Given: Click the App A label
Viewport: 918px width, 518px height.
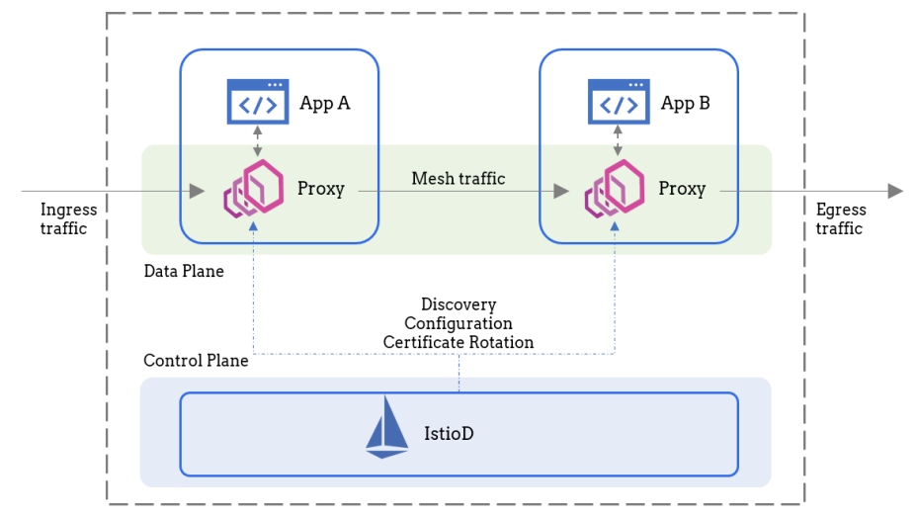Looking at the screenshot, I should [325, 103].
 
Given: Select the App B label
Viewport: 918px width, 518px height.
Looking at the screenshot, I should [685, 103].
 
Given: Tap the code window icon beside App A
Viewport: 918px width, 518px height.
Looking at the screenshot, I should [258, 102].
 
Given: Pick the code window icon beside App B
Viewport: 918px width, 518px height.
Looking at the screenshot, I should [619, 102].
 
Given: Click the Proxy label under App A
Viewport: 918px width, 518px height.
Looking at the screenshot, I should [321, 189].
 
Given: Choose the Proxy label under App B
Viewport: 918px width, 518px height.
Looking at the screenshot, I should [682, 189].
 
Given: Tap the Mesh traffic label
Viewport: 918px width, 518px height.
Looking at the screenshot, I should [459, 179].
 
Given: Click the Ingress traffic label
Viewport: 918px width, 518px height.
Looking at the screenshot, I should [68, 218].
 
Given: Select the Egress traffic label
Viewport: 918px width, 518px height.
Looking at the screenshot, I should [841, 218].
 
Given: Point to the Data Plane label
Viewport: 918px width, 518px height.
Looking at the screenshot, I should [184, 271].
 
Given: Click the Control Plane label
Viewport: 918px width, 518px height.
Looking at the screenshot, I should [196, 360].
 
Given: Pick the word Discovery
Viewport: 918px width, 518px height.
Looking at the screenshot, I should [459, 304].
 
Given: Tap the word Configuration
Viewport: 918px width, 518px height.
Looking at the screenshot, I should [459, 323].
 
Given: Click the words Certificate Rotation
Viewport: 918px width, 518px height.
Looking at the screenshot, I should [459, 342].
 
